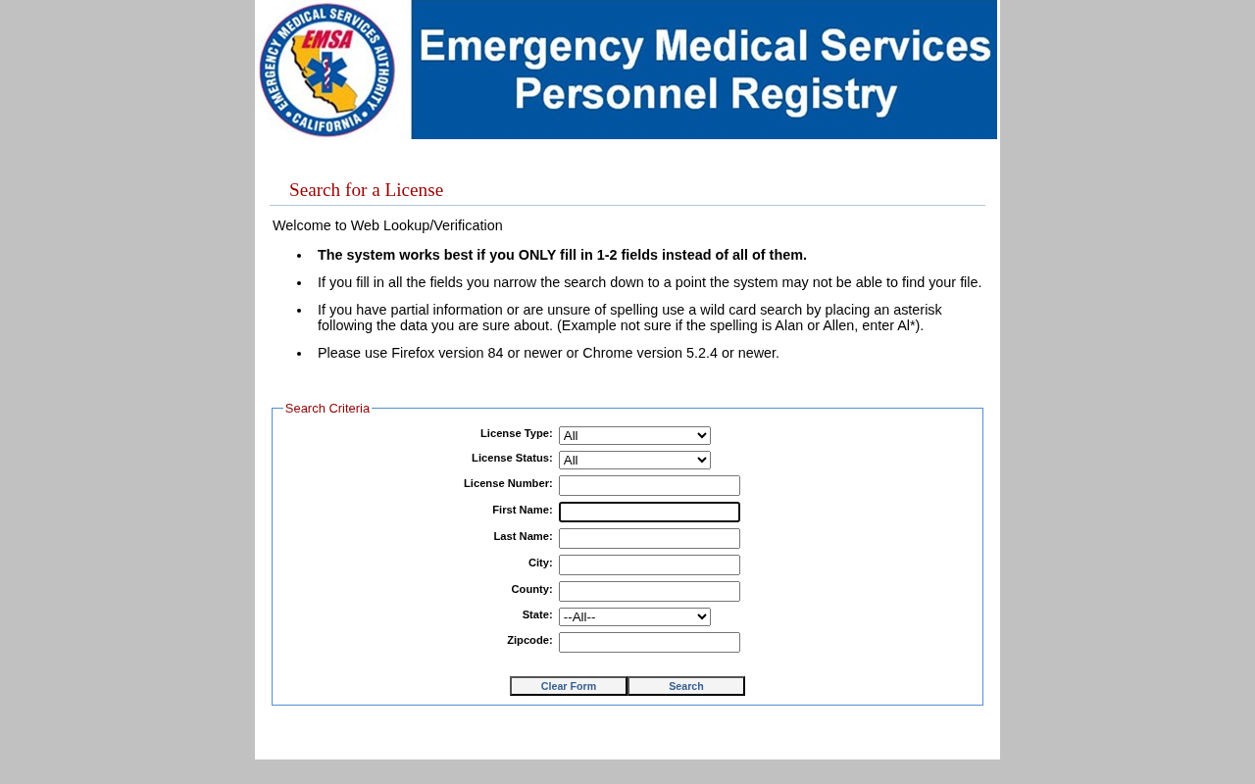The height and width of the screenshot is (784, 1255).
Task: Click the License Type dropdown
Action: tap(634, 435)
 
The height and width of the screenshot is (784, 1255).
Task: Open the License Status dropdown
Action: tap(634, 460)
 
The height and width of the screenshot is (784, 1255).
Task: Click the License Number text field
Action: tap(649, 485)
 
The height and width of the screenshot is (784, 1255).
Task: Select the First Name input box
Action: tap(649, 512)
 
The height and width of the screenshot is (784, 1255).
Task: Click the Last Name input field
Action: tap(649, 538)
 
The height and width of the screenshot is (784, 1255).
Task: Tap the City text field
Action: tap(649, 564)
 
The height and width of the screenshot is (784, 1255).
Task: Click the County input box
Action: tap(649, 591)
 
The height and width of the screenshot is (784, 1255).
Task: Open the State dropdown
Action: tap(634, 616)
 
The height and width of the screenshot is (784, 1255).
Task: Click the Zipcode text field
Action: tap(649, 642)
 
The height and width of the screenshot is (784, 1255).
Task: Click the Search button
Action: tap(686, 686)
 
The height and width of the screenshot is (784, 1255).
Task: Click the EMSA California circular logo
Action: tap(326, 70)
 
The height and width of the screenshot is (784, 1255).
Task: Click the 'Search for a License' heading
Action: tap(366, 190)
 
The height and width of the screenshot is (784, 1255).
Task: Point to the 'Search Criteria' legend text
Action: tap(327, 409)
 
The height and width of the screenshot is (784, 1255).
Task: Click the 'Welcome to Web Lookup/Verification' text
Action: tap(387, 225)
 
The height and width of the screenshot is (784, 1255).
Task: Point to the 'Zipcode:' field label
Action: tap(529, 640)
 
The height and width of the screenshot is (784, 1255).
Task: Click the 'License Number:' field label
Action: tap(508, 483)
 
